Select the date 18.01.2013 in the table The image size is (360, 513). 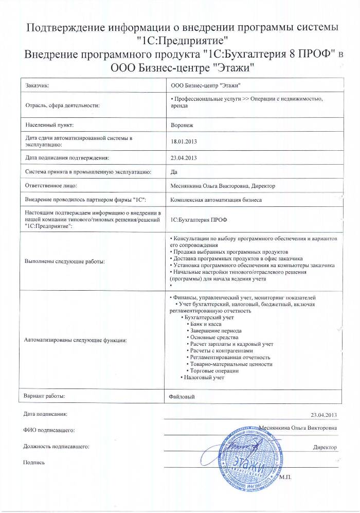pos(184,141)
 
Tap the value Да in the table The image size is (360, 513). pos(173,171)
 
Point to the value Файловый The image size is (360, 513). pos(183,397)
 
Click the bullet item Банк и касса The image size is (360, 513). pos(205,325)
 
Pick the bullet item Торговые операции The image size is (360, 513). pos(214,371)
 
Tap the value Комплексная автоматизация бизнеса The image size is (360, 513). pos(216,199)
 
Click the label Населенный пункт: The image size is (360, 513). pos(49,125)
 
